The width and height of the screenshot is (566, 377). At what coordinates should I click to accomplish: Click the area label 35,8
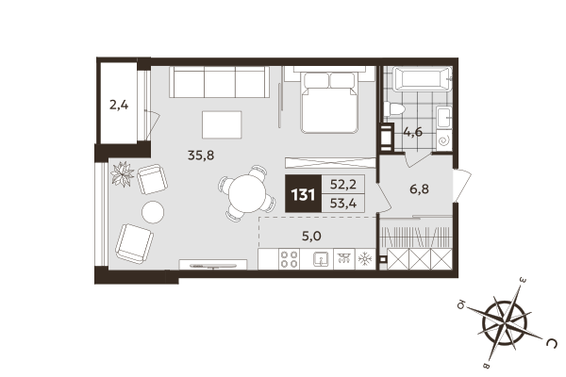[201, 156]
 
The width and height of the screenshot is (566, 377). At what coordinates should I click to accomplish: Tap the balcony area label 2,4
[119, 105]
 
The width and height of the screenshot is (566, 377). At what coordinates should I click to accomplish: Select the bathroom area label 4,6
[413, 132]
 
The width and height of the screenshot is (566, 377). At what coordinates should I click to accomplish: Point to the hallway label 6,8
[419, 188]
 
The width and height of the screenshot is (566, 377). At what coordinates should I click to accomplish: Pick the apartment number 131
[302, 197]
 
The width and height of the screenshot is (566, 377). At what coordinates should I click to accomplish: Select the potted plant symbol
[123, 172]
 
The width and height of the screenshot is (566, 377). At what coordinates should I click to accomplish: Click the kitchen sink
[320, 258]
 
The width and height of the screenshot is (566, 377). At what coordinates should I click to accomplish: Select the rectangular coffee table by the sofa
[222, 124]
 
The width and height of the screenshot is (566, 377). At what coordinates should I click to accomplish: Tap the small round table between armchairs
[151, 209]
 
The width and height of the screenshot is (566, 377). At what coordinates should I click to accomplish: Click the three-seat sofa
[220, 84]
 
